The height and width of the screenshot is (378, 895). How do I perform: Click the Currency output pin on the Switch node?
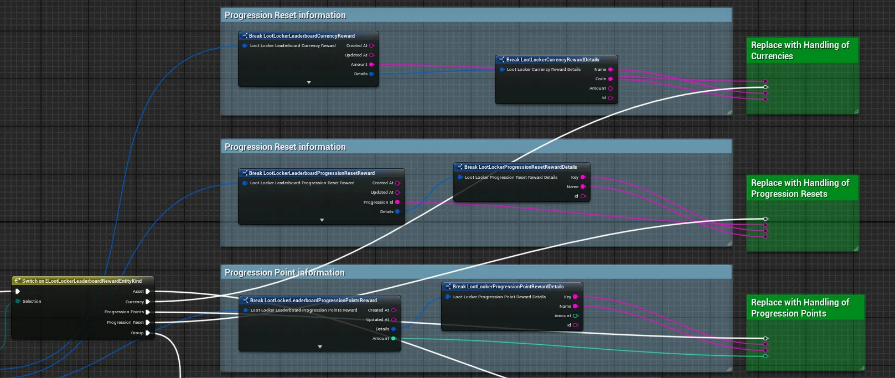pos(148,302)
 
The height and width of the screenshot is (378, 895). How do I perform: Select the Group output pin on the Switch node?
pos(148,333)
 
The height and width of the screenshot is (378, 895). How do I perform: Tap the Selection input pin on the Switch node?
pos(18,301)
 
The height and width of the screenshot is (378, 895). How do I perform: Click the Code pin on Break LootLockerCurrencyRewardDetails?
pos(611,79)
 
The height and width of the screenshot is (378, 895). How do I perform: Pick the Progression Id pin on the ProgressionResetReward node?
pos(397,202)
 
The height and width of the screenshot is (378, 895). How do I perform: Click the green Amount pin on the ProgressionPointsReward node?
pos(394,339)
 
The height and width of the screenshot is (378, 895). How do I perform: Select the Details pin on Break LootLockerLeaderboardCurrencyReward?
pos(371,74)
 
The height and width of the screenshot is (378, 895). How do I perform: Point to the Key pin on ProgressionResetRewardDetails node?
pos(583,178)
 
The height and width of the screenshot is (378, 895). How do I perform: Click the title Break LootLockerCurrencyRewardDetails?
pos(552,60)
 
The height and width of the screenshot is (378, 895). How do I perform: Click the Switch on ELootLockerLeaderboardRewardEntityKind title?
pos(82,281)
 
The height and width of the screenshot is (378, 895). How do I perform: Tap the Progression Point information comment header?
pos(284,272)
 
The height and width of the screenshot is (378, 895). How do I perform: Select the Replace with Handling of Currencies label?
pos(800,50)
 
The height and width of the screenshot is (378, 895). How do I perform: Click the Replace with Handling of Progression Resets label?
pos(800,188)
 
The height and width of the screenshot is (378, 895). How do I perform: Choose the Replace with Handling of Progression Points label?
pos(800,308)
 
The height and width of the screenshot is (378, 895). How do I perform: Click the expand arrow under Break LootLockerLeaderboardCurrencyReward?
pos(309,82)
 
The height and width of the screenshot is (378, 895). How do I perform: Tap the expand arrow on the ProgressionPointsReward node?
pos(320,347)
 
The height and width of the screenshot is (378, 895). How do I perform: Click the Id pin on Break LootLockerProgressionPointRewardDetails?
pos(576,325)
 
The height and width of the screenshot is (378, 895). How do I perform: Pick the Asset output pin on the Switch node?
pos(148,291)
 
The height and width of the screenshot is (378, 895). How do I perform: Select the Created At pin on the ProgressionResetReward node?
pos(397,183)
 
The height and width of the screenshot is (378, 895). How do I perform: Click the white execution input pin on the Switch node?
pos(18,291)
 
